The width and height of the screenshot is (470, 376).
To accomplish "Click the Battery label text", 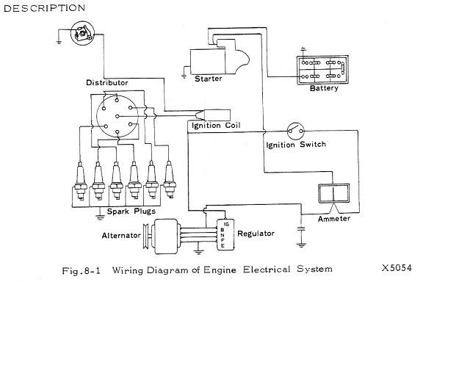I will (324, 89).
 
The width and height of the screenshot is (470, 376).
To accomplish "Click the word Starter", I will (208, 79).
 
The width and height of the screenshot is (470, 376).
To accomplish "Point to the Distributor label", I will (107, 83).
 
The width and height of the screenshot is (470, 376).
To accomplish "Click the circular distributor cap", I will (113, 116).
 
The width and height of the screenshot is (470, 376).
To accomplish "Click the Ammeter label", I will (334, 219).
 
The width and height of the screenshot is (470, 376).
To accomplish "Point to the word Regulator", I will (256, 234).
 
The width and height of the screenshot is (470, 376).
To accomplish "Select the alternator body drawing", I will (167, 234).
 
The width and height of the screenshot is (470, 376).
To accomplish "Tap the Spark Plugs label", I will (130, 211).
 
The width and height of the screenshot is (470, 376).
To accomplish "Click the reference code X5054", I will (397, 268).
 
